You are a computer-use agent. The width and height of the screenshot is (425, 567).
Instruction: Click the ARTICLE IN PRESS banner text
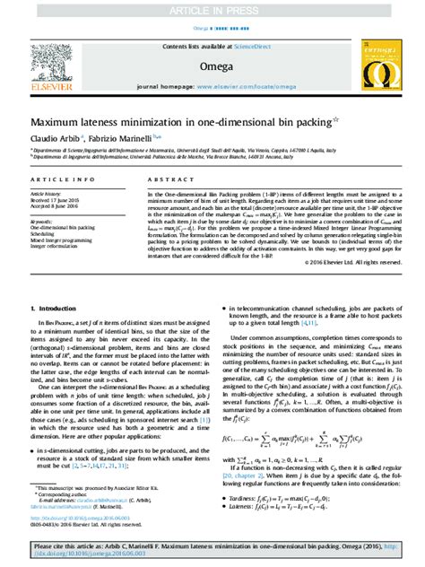[212, 10]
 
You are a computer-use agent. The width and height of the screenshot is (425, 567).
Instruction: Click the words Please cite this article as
[72, 545]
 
